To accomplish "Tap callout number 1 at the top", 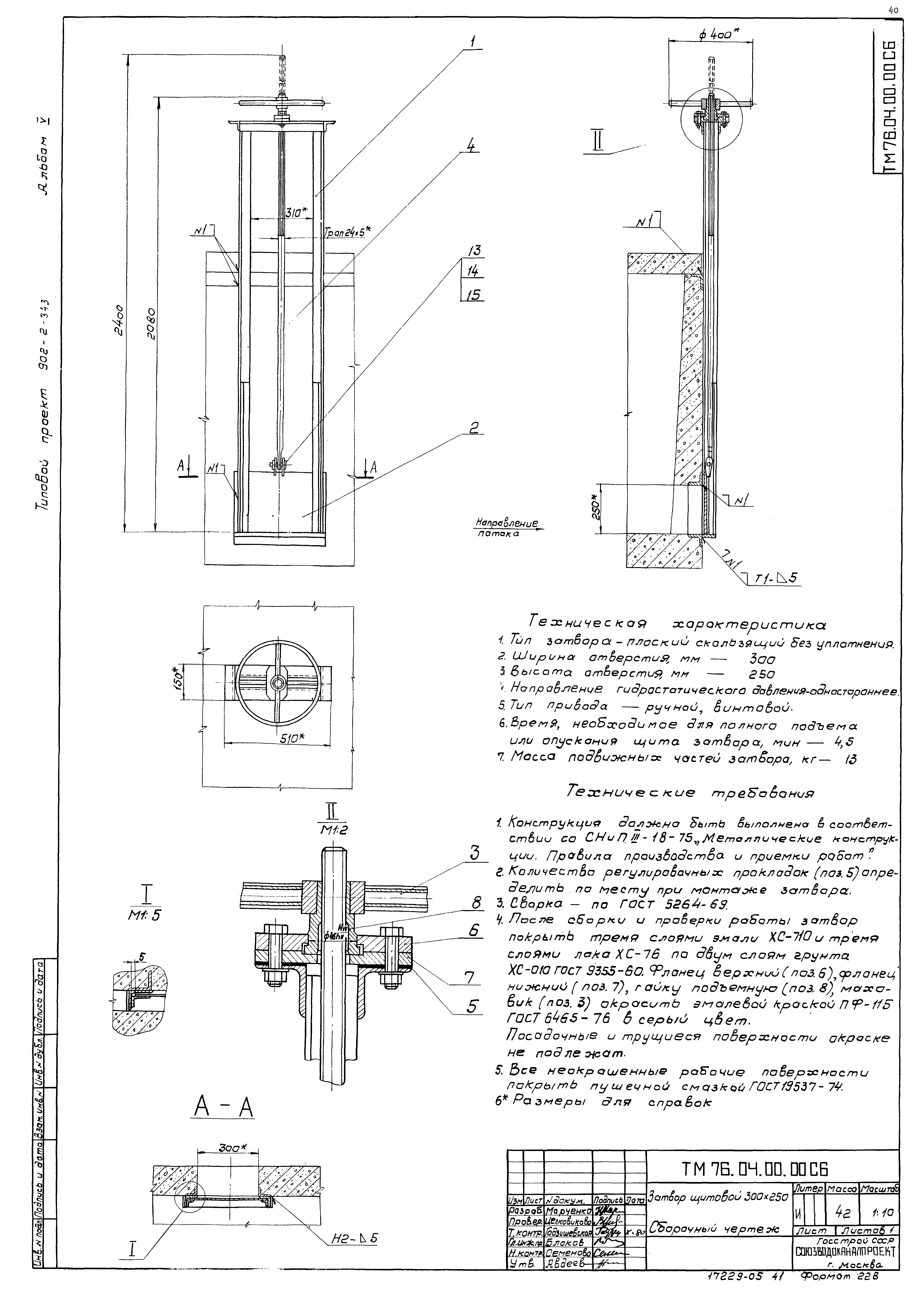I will [x=472, y=41].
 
